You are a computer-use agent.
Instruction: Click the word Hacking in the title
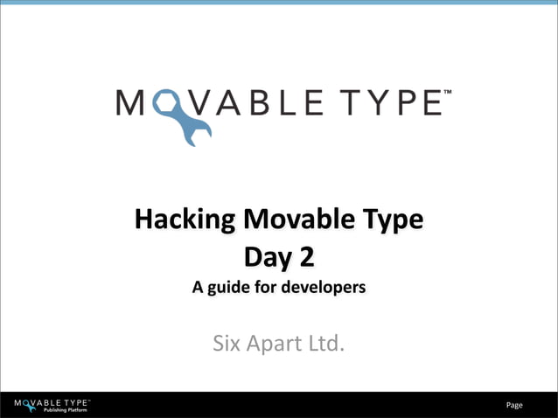coord(183,219)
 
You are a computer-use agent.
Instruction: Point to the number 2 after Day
coord(305,257)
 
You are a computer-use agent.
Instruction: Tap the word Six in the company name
coord(228,343)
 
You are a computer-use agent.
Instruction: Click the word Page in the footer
coord(514,405)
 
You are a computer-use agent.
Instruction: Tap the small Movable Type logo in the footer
coord(52,402)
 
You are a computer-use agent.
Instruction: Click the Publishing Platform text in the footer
coord(66,410)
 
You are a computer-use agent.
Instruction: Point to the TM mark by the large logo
coord(448,91)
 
